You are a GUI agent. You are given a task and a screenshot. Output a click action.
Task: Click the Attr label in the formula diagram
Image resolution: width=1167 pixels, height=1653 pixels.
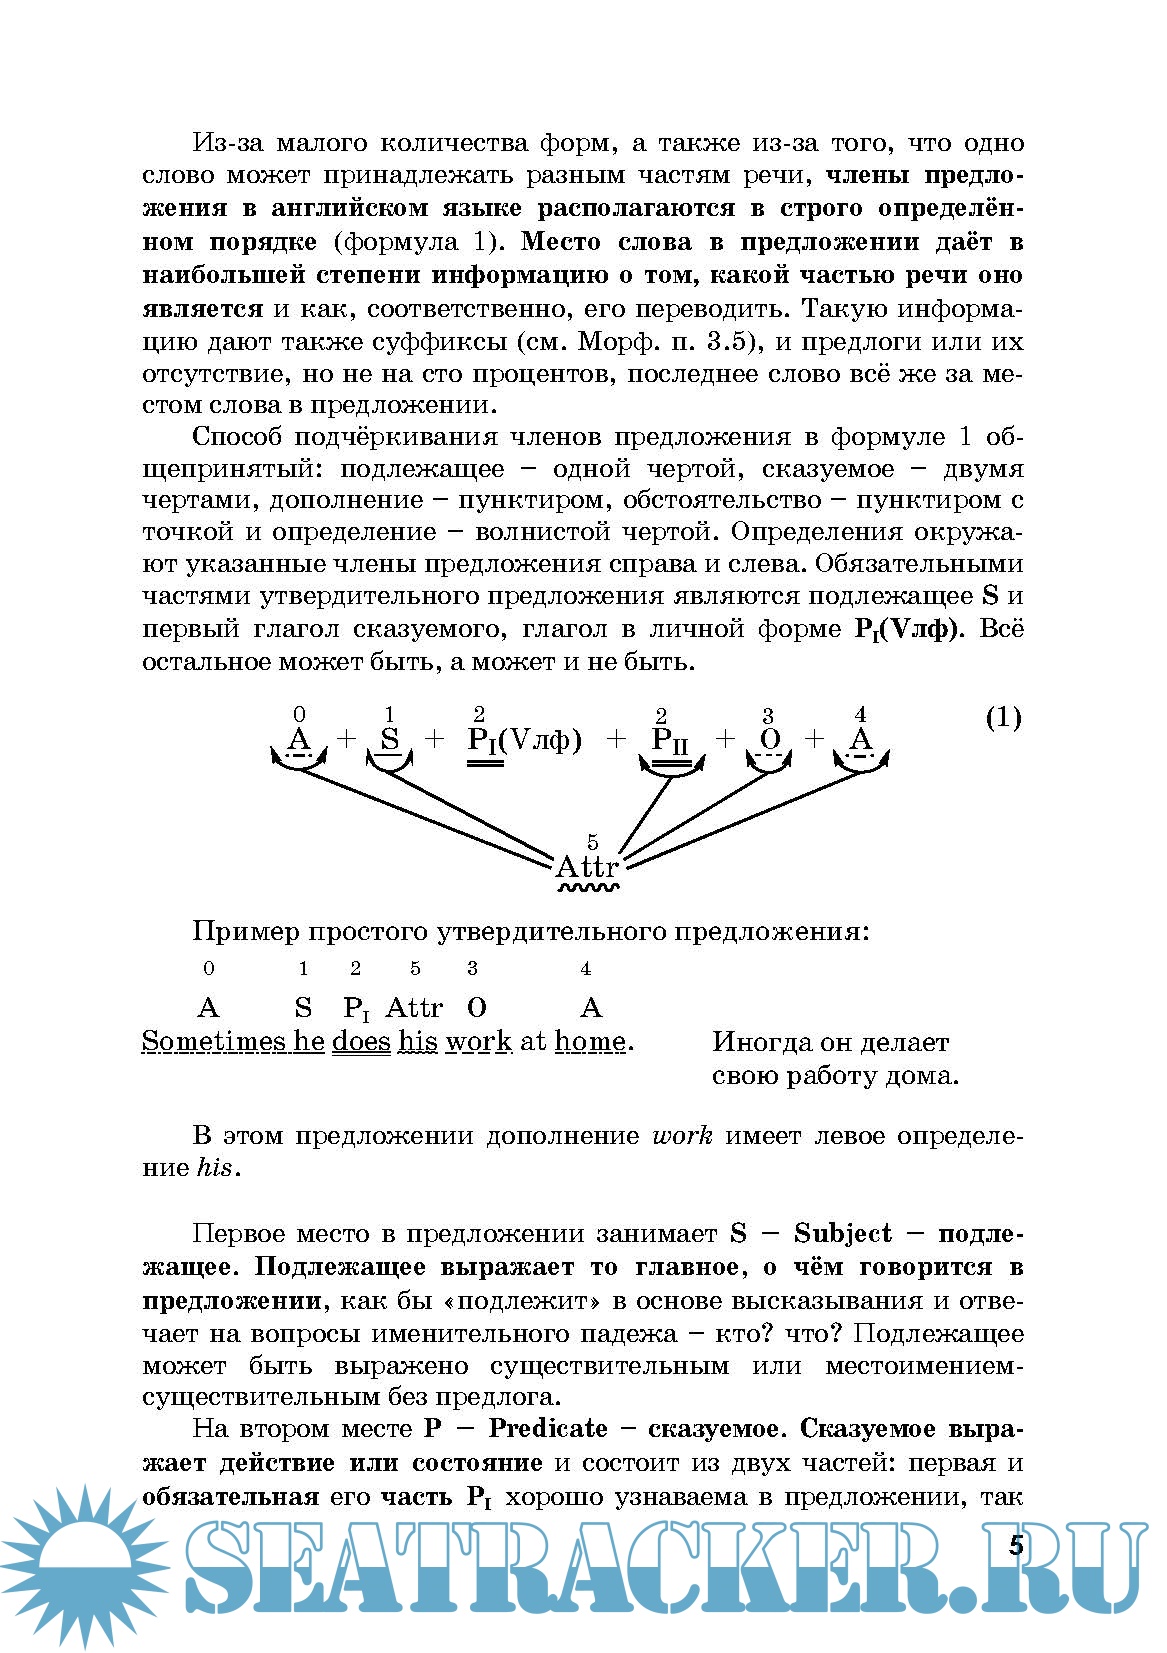(587, 866)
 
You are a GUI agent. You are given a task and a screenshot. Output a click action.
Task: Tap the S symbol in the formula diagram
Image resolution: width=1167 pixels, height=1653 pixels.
(390, 740)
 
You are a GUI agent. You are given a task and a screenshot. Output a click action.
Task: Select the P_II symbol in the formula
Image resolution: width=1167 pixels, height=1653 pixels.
(670, 741)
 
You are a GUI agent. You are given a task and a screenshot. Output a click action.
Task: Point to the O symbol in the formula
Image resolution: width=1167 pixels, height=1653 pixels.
(769, 740)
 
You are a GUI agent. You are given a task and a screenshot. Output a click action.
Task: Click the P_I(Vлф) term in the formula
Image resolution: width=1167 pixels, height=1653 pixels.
(524, 741)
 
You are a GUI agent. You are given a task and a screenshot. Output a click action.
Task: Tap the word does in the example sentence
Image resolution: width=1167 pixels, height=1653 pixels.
(361, 1041)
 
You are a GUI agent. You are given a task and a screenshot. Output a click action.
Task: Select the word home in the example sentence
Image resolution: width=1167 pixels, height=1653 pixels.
(590, 1041)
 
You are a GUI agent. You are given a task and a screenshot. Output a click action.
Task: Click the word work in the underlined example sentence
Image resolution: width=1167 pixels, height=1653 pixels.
(479, 1041)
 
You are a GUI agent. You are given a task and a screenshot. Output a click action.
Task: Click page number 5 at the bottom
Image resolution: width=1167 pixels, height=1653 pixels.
(1016, 1546)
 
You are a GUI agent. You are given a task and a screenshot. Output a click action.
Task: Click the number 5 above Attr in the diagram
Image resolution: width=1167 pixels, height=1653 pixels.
(593, 842)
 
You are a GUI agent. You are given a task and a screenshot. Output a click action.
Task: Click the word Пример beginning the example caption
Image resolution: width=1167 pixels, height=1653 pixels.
(245, 932)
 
